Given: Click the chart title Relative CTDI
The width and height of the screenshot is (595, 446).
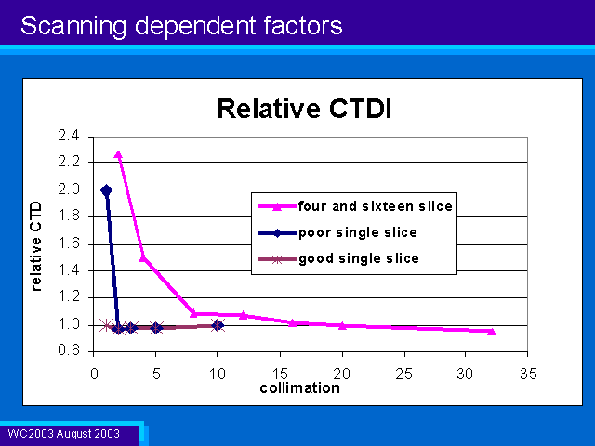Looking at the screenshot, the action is (304, 109).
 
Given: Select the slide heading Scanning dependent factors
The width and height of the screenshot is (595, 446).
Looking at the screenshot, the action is (182, 26).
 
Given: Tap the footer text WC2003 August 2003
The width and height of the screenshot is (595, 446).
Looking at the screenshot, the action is (64, 434).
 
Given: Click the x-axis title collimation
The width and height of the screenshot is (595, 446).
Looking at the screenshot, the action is (299, 388).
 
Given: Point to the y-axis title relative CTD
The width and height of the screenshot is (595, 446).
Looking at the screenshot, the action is (35, 246).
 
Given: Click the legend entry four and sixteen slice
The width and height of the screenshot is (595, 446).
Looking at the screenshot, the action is (376, 206).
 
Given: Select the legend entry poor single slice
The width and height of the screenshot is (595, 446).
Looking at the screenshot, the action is (358, 232).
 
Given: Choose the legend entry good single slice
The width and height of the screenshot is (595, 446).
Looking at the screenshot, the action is (359, 258).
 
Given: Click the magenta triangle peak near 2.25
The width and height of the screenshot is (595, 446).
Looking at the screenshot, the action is (118, 155).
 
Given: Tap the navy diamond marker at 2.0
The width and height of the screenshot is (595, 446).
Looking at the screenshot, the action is (106, 190).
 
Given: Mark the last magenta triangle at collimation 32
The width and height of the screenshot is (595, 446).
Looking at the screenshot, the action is (492, 332).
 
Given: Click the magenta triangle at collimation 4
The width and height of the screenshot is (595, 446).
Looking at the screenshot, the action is (143, 258).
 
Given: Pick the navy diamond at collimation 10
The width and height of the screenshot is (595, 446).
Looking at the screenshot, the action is (218, 325).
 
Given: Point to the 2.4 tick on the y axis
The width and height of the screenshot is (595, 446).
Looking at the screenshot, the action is (68, 136).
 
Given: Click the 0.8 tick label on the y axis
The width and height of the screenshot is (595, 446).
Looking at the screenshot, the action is (68, 350).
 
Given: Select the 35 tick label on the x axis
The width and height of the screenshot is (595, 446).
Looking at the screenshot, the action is (528, 374).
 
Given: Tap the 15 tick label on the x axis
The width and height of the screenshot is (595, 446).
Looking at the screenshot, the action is (280, 374).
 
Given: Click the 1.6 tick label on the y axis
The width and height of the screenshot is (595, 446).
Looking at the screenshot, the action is (68, 243).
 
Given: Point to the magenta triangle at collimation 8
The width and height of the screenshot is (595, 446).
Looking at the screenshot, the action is (193, 314).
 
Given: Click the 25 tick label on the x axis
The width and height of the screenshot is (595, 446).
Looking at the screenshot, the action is (403, 374).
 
